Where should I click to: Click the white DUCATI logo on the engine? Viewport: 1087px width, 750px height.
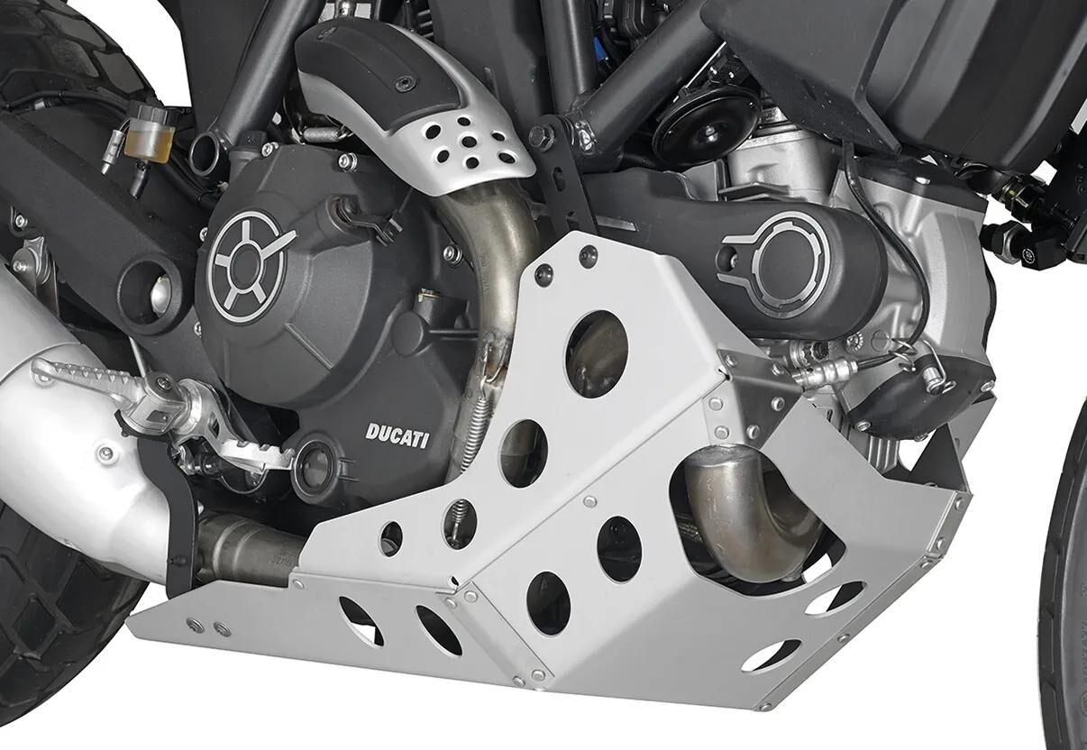coord(397,435)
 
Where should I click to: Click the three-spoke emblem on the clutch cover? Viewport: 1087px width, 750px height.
coord(248,267)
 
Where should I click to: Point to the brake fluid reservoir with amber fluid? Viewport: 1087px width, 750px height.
coord(147,131)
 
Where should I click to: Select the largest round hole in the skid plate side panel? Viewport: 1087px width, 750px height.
coord(597,354)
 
